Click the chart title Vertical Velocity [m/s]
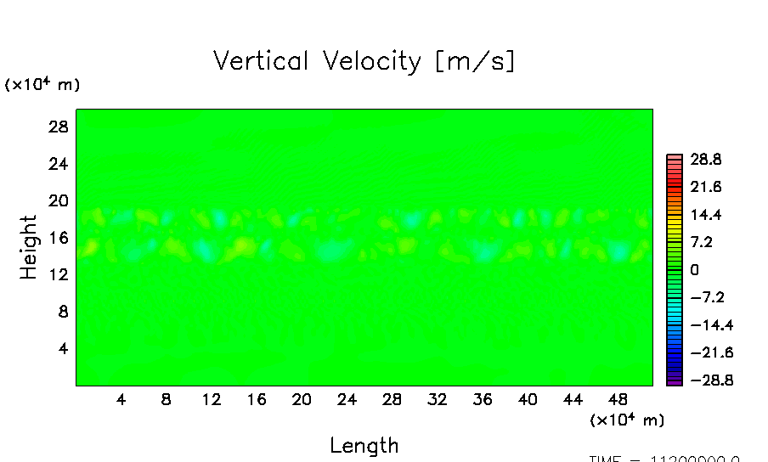tap(364, 61)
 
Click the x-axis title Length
tap(364, 445)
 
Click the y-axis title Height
tap(29, 247)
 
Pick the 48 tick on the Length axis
tap(618, 400)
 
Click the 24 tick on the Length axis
tap(347, 400)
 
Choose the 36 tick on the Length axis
tap(483, 400)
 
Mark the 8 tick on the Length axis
tap(167, 400)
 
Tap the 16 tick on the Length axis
tap(257, 400)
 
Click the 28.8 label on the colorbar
tap(706, 159)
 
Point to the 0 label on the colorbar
tap(694, 269)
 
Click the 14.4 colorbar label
tap(706, 214)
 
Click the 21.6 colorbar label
tap(706, 187)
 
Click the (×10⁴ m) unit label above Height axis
tap(42, 84)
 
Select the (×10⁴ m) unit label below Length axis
tap(627, 420)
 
